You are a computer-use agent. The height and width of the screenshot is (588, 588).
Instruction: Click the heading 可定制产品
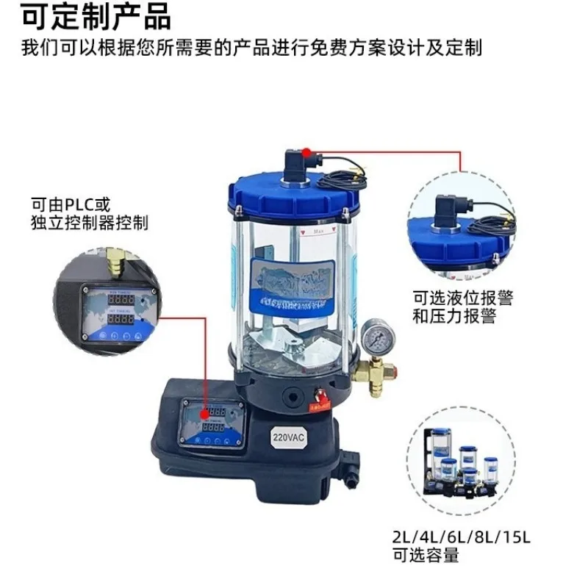pos(96,16)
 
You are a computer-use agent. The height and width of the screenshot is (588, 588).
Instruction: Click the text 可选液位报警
pos(462,298)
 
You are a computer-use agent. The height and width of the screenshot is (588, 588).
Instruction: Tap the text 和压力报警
pos(453,317)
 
